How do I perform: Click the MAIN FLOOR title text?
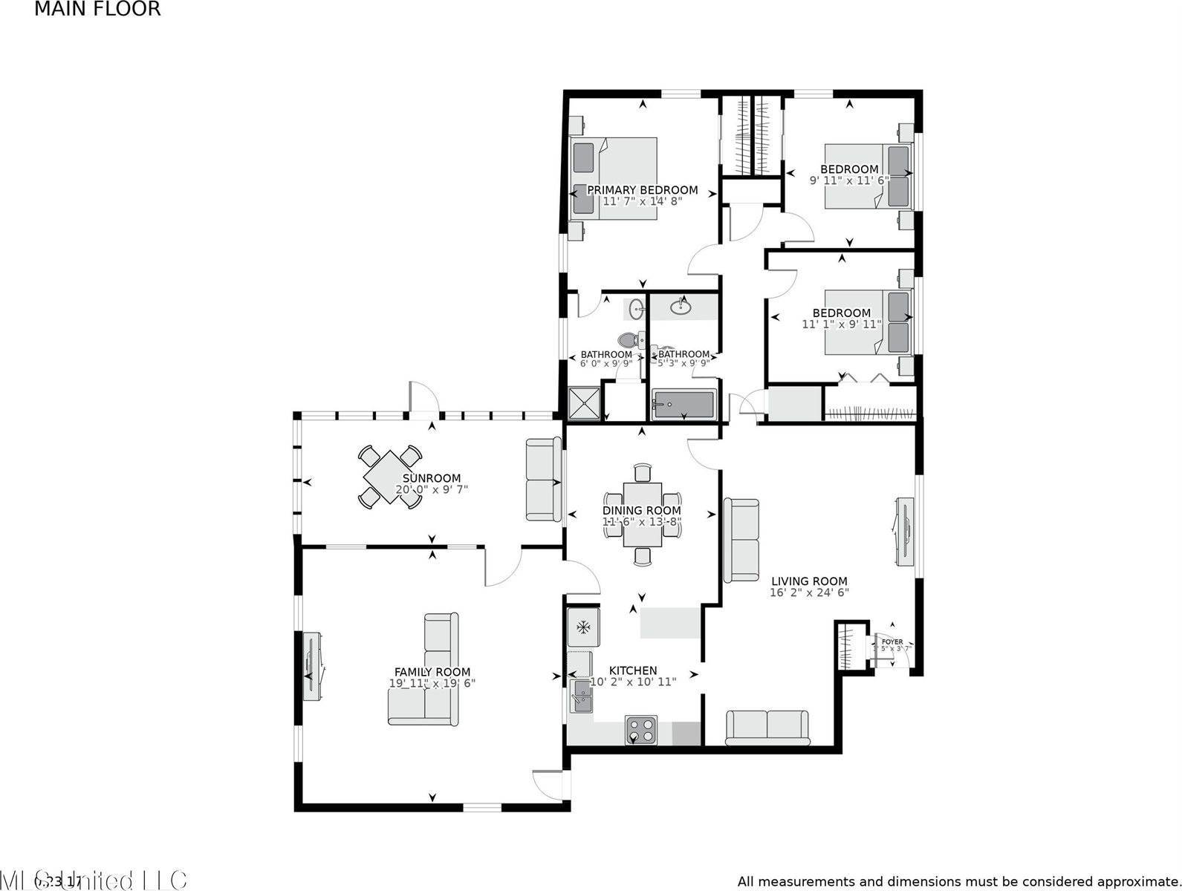(97, 10)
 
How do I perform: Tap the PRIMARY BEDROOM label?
(642, 190)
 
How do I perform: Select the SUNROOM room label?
(431, 478)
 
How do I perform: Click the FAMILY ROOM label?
(432, 672)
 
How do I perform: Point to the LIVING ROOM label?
(809, 581)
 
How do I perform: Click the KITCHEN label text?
(633, 670)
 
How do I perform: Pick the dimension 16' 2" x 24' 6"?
(809, 593)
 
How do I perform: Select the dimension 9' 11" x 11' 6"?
(848, 180)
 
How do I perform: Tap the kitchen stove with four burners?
(641, 730)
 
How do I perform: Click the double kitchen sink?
(582, 695)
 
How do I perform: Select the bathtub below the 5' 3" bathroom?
(683, 405)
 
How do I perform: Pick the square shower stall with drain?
(583, 404)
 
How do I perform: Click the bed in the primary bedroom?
(614, 178)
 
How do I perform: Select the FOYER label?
(892, 642)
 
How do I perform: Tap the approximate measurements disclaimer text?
(958, 881)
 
